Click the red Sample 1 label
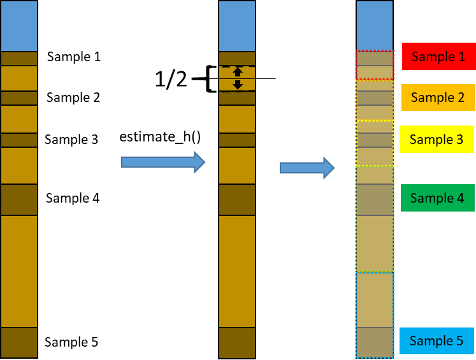438,57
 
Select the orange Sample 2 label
438,97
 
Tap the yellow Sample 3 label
436,139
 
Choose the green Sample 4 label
437,198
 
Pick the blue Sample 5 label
436,341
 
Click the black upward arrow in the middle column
238,71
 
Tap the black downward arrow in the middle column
238,85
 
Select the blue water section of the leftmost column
18,26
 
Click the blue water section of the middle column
237,26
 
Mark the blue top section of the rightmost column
374,26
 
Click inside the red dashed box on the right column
375,65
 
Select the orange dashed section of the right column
375,100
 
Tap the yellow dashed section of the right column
375,143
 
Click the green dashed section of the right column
375,219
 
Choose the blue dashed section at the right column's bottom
375,315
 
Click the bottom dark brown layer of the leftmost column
18,343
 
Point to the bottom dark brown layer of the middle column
237,343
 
